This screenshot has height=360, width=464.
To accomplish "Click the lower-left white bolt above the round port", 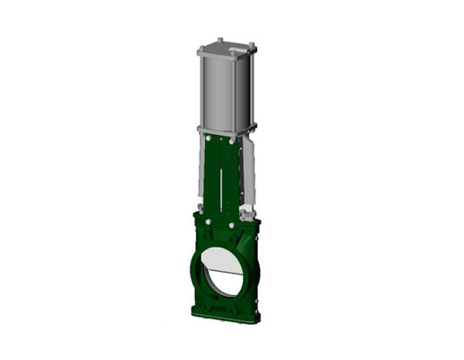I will (x=208, y=220).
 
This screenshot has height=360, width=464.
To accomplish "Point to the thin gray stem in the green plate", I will (x=219, y=180).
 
